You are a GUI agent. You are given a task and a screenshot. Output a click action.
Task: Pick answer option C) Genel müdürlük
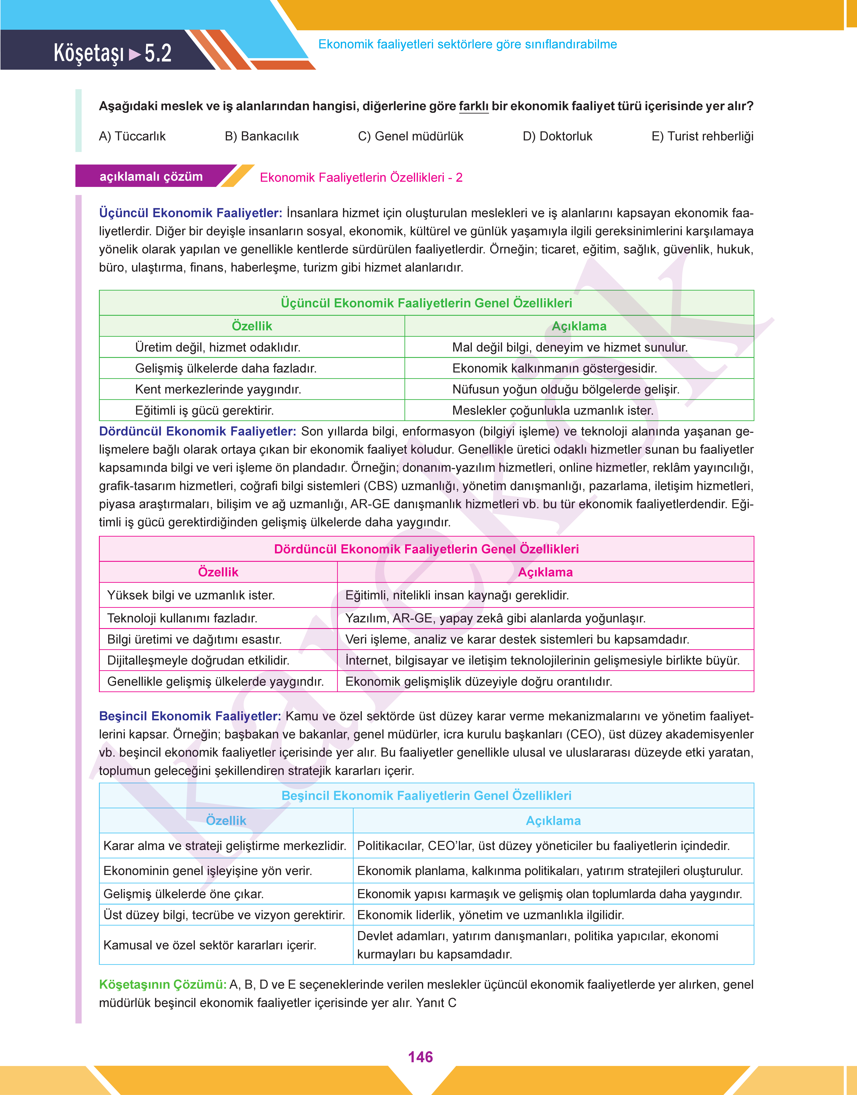(410, 136)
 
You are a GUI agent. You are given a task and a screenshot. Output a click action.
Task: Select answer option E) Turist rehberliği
(702, 136)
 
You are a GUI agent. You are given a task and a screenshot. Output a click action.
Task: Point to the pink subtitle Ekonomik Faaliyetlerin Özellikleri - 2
(361, 178)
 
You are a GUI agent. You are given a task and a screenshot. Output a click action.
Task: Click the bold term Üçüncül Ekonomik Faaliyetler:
(191, 213)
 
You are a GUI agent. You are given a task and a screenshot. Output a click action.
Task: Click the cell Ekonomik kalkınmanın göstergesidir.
(554, 368)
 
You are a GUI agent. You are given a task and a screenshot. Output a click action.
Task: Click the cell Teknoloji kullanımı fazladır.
(182, 618)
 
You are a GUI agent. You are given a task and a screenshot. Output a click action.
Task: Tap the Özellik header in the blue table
(226, 821)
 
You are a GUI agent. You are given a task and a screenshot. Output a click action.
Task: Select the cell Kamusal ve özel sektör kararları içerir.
(210, 945)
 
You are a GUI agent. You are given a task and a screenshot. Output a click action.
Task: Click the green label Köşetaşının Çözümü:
(163, 985)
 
